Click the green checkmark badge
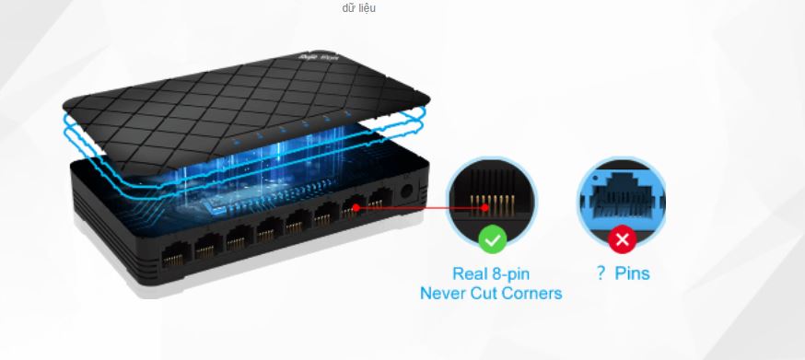point(493,241)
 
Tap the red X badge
point(623,241)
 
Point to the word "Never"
point(446,294)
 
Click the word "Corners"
point(531,294)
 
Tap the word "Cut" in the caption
point(486,294)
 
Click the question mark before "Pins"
point(601,273)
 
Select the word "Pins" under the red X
point(632,273)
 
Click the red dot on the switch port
point(355,208)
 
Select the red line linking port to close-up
point(414,208)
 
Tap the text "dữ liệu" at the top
point(358,8)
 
